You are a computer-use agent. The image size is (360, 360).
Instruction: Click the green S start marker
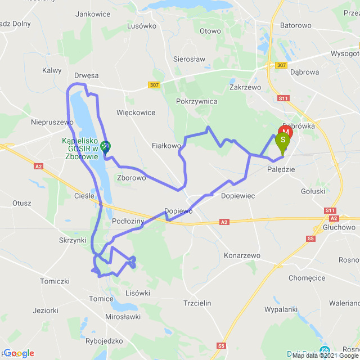pyautogui.click(x=283, y=140)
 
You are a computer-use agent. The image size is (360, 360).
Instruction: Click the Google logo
pyautogui.click(x=19, y=353)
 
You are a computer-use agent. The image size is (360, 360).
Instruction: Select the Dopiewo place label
pyautogui.click(x=178, y=211)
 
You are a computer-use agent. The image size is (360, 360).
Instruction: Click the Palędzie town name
pyautogui.click(x=281, y=169)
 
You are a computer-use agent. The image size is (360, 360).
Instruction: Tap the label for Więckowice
pyautogui.click(x=136, y=112)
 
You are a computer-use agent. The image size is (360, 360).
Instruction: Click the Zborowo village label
pyautogui.click(x=132, y=177)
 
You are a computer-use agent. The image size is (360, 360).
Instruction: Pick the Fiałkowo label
pyautogui.click(x=166, y=145)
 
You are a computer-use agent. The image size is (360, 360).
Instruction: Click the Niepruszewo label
pyautogui.click(x=53, y=121)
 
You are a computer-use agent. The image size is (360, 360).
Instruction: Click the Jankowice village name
pyautogui.click(x=92, y=13)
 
